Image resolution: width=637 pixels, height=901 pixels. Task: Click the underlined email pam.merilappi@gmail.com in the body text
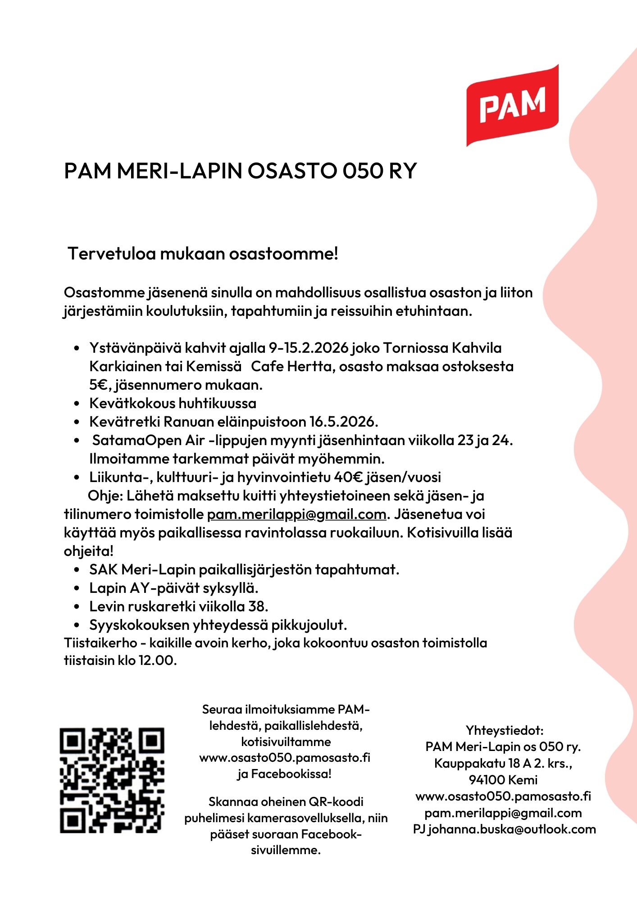296,514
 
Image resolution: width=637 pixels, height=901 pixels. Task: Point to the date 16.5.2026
343,422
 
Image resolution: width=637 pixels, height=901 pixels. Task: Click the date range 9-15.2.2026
309,348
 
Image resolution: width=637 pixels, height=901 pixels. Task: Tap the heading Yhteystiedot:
504,730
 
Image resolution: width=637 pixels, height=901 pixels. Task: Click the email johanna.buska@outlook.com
512,829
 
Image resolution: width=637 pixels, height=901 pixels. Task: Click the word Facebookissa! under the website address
291,774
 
